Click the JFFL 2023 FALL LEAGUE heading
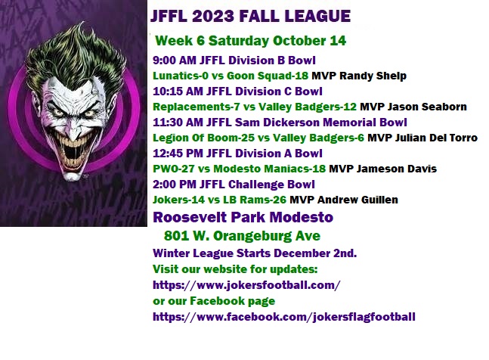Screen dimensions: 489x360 (x=250, y=16)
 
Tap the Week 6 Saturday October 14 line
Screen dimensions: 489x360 (x=250, y=41)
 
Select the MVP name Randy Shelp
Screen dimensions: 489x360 (x=373, y=76)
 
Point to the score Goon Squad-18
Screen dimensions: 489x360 (x=268, y=76)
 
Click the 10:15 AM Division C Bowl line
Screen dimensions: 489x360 (x=237, y=92)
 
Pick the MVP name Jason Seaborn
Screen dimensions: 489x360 (x=427, y=107)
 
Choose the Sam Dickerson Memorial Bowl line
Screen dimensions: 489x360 (x=280, y=123)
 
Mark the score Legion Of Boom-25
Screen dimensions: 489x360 (x=203, y=138)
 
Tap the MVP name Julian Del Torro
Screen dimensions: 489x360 (x=436, y=138)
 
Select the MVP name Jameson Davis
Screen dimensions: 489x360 (x=396, y=169)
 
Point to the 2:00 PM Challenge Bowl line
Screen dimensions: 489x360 (x=234, y=185)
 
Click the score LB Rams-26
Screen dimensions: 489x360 (x=255, y=200)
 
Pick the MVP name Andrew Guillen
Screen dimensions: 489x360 (x=357, y=200)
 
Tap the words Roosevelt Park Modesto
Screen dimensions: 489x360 (x=243, y=217)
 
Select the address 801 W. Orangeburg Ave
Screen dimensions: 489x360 (x=242, y=236)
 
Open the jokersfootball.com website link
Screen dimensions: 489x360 (x=246, y=285)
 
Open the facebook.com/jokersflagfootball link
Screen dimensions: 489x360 (x=283, y=317)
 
